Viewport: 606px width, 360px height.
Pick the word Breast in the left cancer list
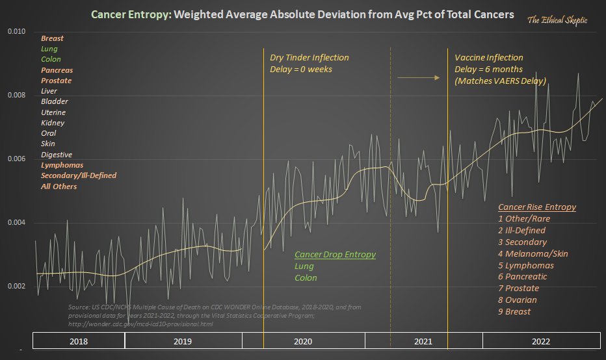pos(52,39)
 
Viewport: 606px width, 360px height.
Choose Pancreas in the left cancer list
pos(57,70)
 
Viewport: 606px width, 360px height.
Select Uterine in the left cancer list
pos(54,112)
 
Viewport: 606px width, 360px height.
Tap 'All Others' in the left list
pos(59,186)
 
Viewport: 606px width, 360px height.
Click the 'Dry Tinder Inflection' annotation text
pos(310,58)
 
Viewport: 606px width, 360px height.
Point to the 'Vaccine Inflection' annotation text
pos(488,58)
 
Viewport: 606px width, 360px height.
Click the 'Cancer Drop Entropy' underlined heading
pos(335,255)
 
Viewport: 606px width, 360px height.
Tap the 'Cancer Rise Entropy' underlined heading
pos(537,207)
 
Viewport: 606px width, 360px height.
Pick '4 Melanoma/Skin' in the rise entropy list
pos(528,253)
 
